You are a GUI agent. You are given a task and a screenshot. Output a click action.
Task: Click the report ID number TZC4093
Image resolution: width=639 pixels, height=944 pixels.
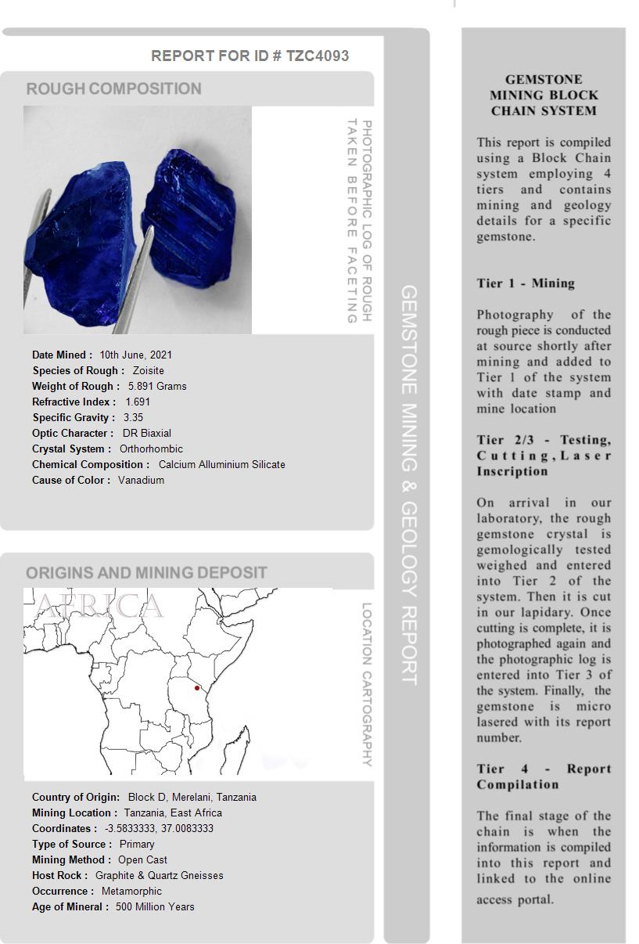(x=318, y=56)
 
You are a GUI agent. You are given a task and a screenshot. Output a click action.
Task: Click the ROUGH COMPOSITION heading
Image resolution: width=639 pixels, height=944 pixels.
(x=113, y=88)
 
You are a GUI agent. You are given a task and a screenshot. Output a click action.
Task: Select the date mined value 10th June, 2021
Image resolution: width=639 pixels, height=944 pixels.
(x=135, y=355)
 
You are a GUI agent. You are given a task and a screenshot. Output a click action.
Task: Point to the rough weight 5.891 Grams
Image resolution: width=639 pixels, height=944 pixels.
(x=157, y=386)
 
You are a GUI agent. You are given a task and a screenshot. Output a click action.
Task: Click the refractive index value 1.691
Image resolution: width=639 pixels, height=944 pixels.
(x=138, y=402)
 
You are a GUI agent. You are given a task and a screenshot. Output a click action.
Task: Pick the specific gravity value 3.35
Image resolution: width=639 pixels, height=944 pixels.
(x=133, y=417)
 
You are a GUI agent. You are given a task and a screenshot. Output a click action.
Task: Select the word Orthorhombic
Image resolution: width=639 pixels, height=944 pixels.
(x=151, y=449)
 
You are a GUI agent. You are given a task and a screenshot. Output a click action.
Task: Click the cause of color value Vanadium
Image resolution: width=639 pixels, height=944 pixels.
(x=141, y=480)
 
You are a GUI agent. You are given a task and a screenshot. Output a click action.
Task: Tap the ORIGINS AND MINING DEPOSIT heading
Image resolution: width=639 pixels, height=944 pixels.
(x=146, y=572)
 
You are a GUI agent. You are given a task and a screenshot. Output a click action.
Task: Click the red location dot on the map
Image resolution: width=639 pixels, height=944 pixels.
(x=197, y=688)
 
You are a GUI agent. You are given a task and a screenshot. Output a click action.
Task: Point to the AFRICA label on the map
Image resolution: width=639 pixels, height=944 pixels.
(x=100, y=606)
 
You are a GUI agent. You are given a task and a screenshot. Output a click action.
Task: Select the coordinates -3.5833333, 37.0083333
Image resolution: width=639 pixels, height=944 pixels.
(x=159, y=828)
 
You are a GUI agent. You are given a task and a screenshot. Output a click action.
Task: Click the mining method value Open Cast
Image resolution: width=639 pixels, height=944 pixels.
(x=142, y=859)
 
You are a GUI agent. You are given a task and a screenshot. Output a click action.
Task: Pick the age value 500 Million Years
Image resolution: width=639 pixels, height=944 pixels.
(x=155, y=906)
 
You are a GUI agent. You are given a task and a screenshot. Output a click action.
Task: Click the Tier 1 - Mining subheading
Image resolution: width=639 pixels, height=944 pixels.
(x=526, y=283)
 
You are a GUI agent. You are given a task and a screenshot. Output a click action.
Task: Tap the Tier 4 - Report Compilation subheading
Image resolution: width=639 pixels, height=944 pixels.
(x=544, y=776)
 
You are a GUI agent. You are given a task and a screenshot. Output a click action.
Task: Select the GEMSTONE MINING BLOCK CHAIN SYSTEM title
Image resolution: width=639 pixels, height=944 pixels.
(x=544, y=95)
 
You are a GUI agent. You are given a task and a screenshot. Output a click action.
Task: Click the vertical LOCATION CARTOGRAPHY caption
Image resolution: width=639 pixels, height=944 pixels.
(x=366, y=684)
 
